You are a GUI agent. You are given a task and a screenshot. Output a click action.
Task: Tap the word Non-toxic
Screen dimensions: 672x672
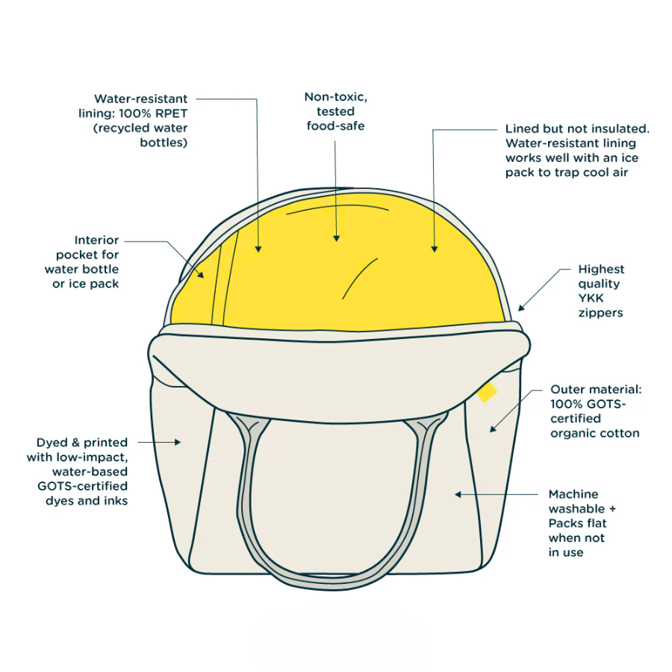[x=335, y=97]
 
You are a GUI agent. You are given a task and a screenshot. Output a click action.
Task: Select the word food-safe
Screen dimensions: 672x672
[x=335, y=126]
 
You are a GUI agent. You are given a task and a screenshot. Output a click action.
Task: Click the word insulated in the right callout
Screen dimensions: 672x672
[x=618, y=128]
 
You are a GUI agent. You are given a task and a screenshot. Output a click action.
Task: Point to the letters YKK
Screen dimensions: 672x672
[x=591, y=298]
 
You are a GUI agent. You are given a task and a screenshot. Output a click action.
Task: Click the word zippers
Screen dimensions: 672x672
[x=600, y=314]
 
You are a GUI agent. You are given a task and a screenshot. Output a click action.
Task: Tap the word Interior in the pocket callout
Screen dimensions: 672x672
[x=96, y=240]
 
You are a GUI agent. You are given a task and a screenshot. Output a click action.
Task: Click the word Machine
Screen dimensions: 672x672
[x=573, y=494]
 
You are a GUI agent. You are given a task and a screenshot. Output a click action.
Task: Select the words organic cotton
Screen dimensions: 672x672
[x=595, y=433]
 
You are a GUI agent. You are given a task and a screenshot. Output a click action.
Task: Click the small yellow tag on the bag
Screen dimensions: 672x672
[x=488, y=392]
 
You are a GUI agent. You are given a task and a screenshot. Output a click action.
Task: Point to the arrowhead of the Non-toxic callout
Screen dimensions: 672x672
[x=337, y=238]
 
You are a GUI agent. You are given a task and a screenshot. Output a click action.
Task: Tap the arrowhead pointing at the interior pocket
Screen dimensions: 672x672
[x=201, y=275]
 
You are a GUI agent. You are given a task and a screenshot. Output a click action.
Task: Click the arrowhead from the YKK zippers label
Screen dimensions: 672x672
[x=521, y=308]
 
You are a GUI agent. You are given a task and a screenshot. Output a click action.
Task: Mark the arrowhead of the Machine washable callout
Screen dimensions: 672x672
[x=458, y=494]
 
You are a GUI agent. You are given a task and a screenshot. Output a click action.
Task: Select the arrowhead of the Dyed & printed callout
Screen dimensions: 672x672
[x=178, y=442]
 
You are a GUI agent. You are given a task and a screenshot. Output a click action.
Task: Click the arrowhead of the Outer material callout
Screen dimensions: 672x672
[x=493, y=428]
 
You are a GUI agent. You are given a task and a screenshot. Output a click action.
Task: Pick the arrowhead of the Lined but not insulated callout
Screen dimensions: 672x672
[x=434, y=249]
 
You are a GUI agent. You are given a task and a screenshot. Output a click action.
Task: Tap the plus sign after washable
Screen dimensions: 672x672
[x=612, y=509]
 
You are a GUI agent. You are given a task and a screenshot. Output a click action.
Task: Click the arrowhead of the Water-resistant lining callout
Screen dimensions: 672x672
[x=258, y=249]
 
